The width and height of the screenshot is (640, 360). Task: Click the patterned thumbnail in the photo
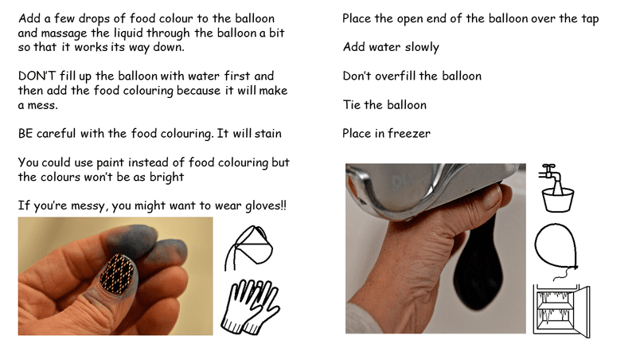pos(117,273)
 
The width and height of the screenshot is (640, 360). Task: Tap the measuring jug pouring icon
pos(248,248)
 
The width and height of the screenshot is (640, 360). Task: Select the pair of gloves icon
pos(250,307)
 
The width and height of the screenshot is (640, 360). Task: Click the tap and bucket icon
pos(556,188)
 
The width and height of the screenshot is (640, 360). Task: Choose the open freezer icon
pos(562,311)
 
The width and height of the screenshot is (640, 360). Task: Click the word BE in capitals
pos(25,134)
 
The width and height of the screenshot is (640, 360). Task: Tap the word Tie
pos(351,105)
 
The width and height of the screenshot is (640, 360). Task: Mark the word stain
pos(268,134)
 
